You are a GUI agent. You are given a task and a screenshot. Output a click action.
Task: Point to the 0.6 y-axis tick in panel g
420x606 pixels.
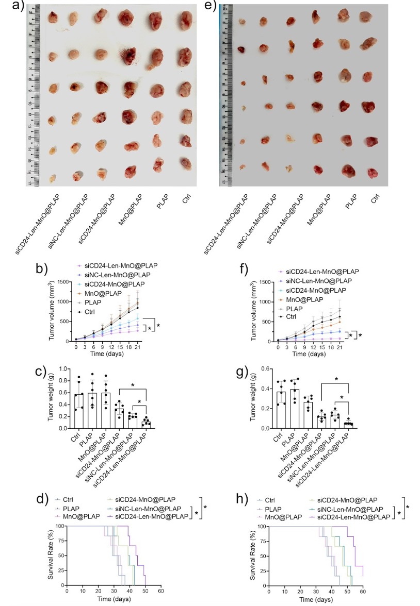point(268,369)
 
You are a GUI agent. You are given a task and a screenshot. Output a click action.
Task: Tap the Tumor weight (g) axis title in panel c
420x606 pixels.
point(51,397)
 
